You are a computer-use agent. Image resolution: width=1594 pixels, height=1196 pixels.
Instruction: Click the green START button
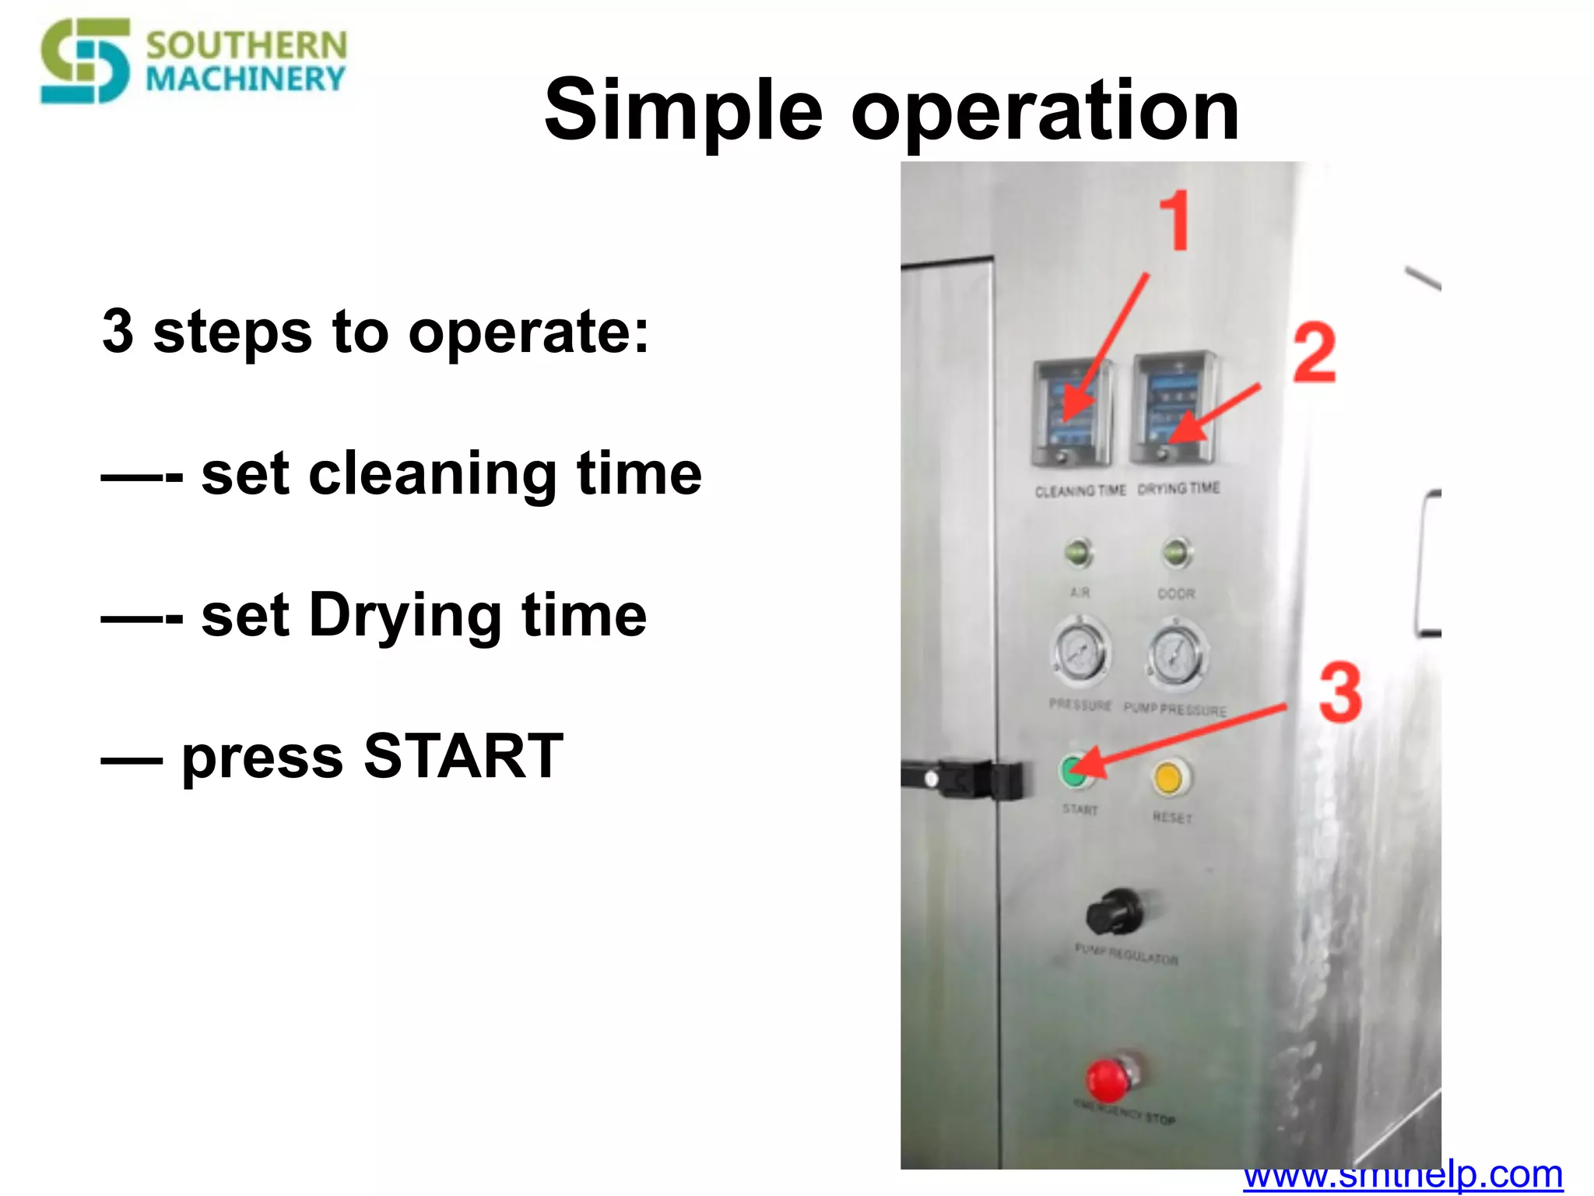point(1075,771)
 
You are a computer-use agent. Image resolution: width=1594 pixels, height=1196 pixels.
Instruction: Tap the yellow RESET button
point(1168,778)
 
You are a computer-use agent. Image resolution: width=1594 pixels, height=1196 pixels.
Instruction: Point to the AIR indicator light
point(1079,553)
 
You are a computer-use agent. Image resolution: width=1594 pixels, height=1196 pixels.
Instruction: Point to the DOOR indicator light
point(1177,553)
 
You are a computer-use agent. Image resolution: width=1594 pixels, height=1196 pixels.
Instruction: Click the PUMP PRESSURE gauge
point(1177,656)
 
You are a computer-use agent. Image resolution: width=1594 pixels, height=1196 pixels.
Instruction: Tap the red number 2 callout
point(1315,354)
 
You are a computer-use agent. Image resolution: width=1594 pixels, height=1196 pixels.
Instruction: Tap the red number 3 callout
point(1340,692)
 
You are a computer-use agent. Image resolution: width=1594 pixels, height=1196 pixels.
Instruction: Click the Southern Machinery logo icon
point(86,61)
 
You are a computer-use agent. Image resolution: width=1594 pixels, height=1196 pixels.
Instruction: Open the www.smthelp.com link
point(1403,1176)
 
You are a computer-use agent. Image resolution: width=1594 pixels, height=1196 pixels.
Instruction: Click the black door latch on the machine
point(969,779)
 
